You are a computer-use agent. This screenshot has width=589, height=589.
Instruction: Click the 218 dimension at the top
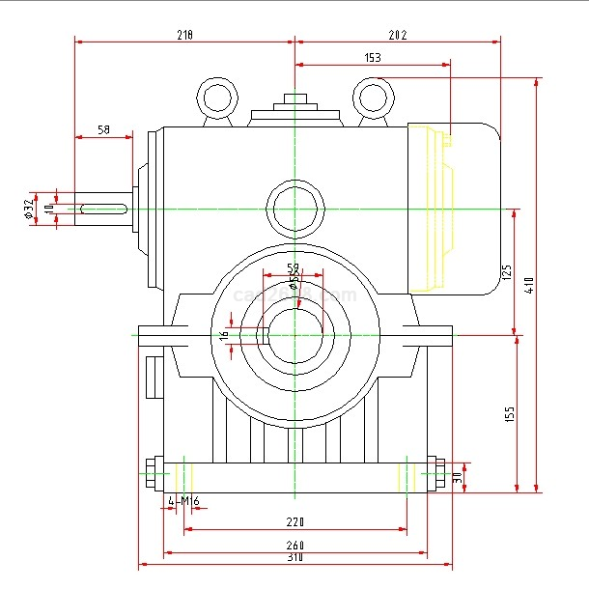coord(184,35)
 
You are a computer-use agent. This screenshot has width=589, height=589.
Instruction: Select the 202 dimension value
coord(398,35)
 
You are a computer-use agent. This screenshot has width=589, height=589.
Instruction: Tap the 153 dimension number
coord(373,58)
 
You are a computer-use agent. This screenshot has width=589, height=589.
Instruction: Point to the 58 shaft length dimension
coord(104,129)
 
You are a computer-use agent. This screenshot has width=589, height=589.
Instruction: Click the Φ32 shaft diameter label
coord(29,208)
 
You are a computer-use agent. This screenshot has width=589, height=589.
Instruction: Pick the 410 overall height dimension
coord(529,286)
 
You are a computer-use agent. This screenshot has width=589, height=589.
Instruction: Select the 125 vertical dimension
coord(506,272)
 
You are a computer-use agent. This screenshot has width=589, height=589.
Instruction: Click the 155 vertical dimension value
coord(510,413)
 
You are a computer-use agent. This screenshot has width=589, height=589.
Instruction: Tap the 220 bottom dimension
coord(295,522)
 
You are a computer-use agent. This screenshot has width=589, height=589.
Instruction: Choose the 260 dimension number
coord(295,547)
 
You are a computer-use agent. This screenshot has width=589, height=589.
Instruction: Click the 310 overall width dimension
coord(295,558)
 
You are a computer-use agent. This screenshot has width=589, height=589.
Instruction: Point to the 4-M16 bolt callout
coord(183,501)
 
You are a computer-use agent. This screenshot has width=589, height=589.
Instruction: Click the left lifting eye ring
coord(217,98)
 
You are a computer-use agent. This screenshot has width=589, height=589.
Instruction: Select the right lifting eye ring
coord(372,96)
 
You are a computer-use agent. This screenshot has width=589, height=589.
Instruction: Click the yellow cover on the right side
coord(431,208)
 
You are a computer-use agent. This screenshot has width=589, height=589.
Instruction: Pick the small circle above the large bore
coord(295,209)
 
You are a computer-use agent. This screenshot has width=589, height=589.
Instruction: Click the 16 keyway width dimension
coord(224,335)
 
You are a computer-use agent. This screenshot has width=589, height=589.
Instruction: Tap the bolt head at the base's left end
coord(151,474)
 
